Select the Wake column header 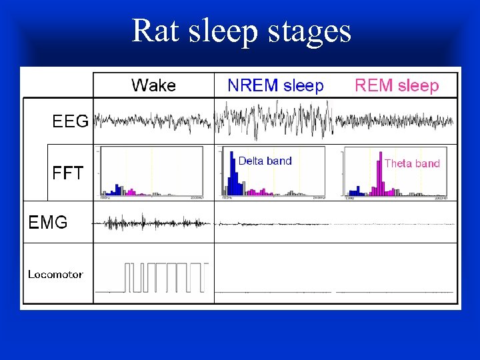153,85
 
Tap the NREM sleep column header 275,85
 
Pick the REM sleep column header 397,85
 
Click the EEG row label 70,121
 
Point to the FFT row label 68,173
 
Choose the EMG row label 48,223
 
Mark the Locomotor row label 55,274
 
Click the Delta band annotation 265,161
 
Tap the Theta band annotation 412,163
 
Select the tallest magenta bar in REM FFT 380,177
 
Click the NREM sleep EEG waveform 273,120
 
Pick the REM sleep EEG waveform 395,121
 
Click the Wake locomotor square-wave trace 160,277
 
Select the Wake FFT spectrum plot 151,172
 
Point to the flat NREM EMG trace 273,223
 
